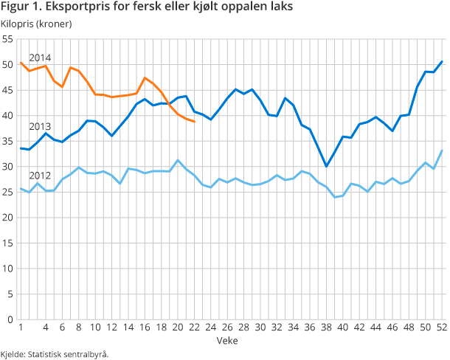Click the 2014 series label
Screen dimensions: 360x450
click(x=40, y=58)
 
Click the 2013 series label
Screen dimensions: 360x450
click(x=40, y=126)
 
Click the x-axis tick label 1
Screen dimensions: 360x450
click(x=21, y=328)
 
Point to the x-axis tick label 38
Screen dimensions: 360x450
click(x=326, y=328)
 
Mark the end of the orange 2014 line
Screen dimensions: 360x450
click(x=194, y=121)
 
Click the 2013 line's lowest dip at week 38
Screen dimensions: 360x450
click(x=326, y=166)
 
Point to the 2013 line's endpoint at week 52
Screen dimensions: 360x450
click(x=442, y=61)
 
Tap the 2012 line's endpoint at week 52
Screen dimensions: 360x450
click(x=442, y=150)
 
